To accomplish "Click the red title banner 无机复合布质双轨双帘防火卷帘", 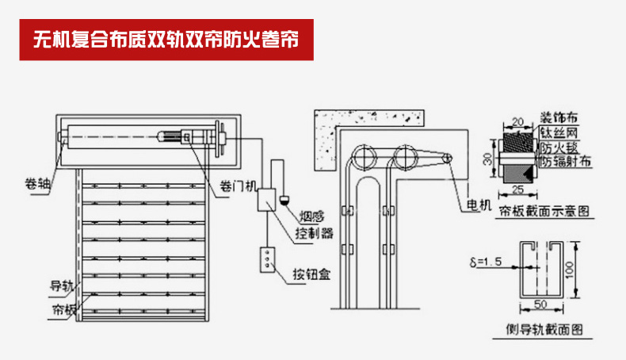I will coord(166,39).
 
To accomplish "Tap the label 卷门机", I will coord(239,187).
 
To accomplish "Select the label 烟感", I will coord(312,216).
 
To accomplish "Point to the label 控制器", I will coord(315,233).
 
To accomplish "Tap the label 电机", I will coord(480,205).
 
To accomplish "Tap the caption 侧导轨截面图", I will coord(544,329).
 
